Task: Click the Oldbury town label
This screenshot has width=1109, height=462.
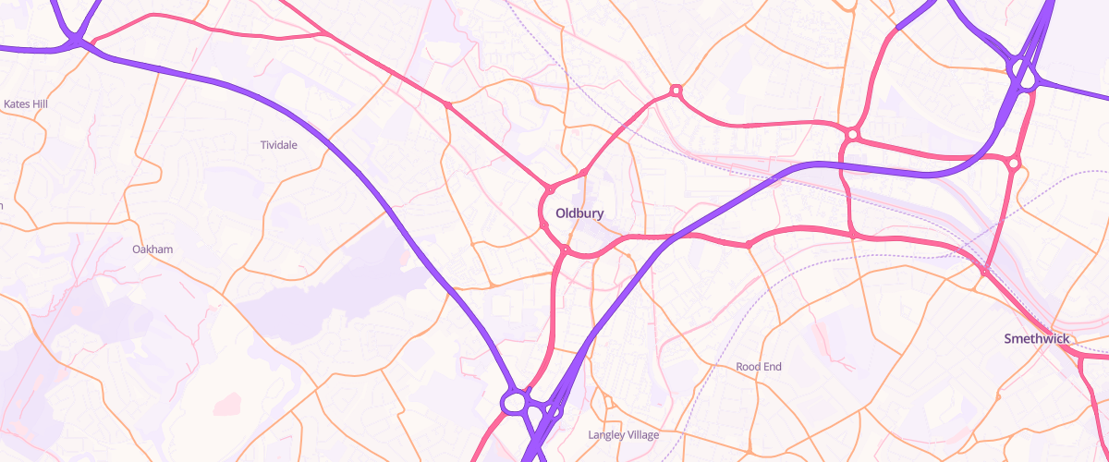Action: coord(579,213)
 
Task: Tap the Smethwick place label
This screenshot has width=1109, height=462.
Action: coord(1036,339)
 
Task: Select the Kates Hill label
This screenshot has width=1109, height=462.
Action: coord(26,104)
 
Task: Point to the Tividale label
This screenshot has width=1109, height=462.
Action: coord(278,145)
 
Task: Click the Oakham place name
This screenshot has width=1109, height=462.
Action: coord(152,249)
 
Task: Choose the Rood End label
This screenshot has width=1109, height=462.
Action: coord(759,367)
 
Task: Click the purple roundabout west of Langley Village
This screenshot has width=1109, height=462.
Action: coord(514,402)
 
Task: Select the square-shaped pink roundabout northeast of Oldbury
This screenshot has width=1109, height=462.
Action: coord(676,91)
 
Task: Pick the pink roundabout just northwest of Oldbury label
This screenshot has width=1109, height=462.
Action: coord(549,189)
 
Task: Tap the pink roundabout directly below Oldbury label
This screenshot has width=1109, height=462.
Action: coord(565,248)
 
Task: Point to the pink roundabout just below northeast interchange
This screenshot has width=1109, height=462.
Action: coord(1014,164)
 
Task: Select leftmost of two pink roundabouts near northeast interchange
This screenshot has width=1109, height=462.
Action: coord(852,135)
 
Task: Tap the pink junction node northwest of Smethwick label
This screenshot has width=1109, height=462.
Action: coord(986,272)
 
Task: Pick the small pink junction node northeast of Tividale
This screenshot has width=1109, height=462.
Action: coord(448,105)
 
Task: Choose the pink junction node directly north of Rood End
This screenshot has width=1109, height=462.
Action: coord(748,245)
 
